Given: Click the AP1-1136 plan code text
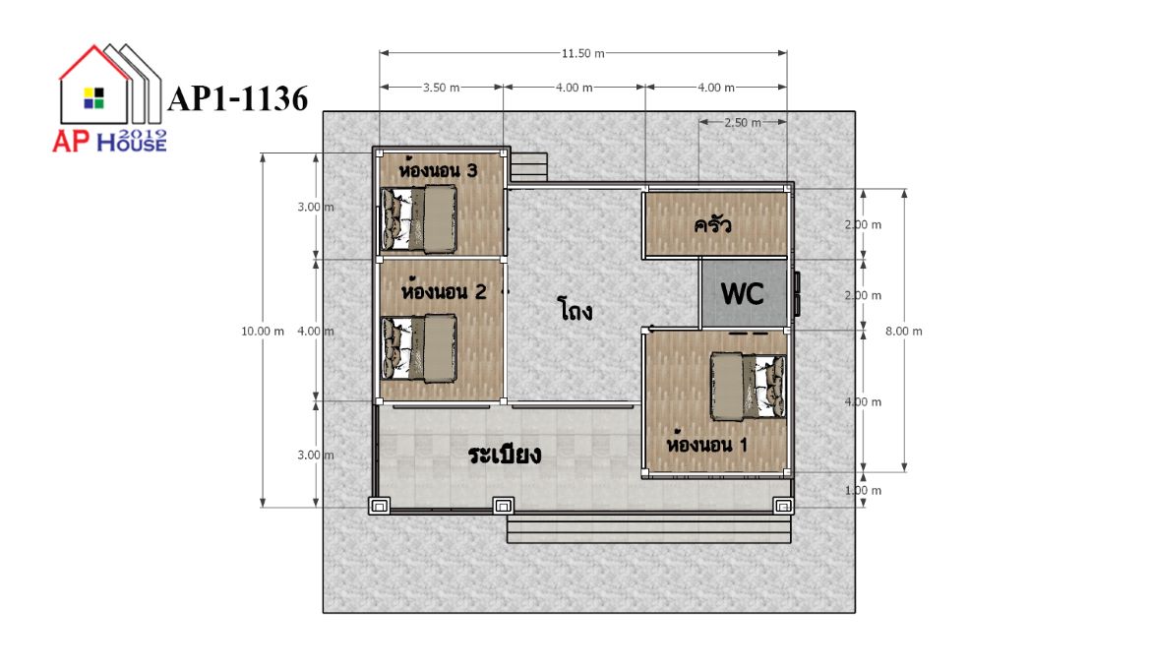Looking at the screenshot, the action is coord(238,99).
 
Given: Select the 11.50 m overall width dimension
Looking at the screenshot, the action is coord(582,53).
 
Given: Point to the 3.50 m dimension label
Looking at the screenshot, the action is coord(441,88).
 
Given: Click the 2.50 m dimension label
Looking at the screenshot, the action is coord(742,123).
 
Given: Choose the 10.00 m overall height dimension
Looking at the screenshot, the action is coord(262,331).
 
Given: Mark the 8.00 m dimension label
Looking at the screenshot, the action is coord(904,331).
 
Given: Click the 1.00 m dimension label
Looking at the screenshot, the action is coord(864,490).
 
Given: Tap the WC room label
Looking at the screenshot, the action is coord(742,293).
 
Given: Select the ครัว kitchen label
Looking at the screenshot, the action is coord(713,223).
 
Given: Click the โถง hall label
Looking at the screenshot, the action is coord(575,310).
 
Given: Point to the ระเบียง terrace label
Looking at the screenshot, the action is coord(505,455).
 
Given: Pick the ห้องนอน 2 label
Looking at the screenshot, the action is coord(444,290).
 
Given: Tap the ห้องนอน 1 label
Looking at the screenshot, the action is coord(707,444).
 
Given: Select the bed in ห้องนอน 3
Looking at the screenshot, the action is coord(418,219).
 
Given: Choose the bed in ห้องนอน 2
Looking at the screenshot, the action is coord(418,348).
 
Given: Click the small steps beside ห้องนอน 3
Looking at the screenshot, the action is coord(528,167).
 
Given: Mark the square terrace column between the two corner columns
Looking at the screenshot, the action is coord(503,506).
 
